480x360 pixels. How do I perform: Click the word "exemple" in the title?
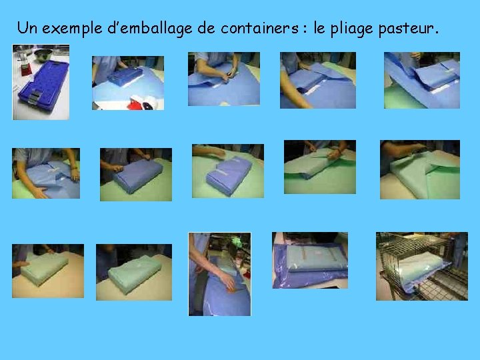72,29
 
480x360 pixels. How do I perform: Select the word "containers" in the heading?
259,27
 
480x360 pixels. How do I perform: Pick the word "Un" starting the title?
27,27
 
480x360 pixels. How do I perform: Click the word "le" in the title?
319,27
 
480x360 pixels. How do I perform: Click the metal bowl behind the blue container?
43,55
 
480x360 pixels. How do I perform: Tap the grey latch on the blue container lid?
35,96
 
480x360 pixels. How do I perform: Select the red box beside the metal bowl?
26,69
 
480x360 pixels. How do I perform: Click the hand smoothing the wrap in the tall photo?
228,281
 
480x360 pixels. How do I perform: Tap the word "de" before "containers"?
206,27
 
